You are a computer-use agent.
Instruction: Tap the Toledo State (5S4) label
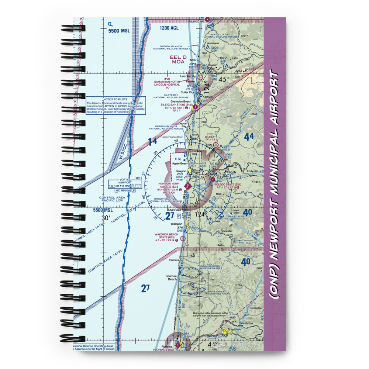click(226, 184)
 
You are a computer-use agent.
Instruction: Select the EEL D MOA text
click(178, 60)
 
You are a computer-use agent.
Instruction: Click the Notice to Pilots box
click(116, 106)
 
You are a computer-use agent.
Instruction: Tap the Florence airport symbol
click(178, 345)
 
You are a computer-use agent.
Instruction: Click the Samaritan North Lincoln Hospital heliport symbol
click(200, 77)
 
